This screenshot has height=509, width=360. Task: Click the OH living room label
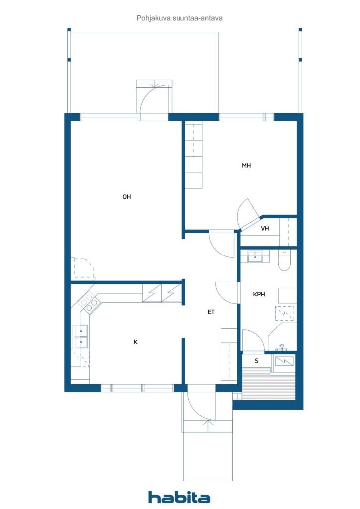pyautogui.click(x=127, y=197)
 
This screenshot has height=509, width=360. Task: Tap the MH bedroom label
pyautogui.click(x=246, y=166)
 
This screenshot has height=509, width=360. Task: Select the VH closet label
pyautogui.click(x=265, y=229)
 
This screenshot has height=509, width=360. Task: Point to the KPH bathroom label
pyautogui.click(x=259, y=294)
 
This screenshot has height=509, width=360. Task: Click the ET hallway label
pyautogui.click(x=211, y=312)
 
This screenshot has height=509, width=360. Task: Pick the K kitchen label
pyautogui.click(x=135, y=342)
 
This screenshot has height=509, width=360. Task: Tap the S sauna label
pyautogui.click(x=256, y=361)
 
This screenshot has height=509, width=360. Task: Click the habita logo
pyautogui.click(x=179, y=497)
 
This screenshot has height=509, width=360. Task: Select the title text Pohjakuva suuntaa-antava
pyautogui.click(x=180, y=18)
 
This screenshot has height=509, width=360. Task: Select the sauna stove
pyautogui.click(x=284, y=361)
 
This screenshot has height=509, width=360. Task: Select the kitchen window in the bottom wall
pyautogui.click(x=137, y=388)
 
